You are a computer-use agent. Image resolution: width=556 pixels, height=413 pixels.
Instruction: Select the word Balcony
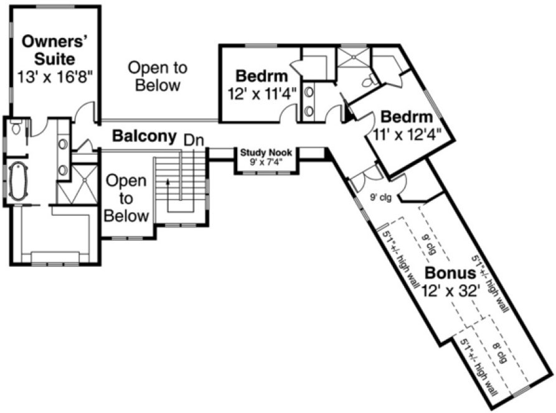pyautogui.click(x=144, y=136)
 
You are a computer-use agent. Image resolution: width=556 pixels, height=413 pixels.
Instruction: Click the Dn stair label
pyautogui.click(x=193, y=140)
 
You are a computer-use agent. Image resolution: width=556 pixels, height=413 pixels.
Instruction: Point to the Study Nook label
pyautogui.click(x=266, y=151)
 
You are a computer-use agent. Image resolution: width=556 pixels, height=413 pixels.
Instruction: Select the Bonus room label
pyautogui.click(x=451, y=273)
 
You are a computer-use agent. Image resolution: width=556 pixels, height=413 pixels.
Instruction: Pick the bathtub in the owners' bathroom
pyautogui.click(x=17, y=180)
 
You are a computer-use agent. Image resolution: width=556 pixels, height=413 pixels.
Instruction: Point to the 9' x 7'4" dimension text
pyautogui.click(x=266, y=161)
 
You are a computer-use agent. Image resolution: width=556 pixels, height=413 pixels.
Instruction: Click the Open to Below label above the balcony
pyautogui.click(x=158, y=76)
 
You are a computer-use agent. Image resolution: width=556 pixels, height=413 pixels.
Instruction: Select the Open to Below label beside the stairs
pyautogui.click(x=126, y=198)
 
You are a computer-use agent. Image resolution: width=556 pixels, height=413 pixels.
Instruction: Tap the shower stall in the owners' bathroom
pyautogui.click(x=77, y=184)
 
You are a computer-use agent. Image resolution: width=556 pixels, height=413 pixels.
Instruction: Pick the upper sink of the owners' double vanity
pyautogui.click(x=63, y=144)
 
